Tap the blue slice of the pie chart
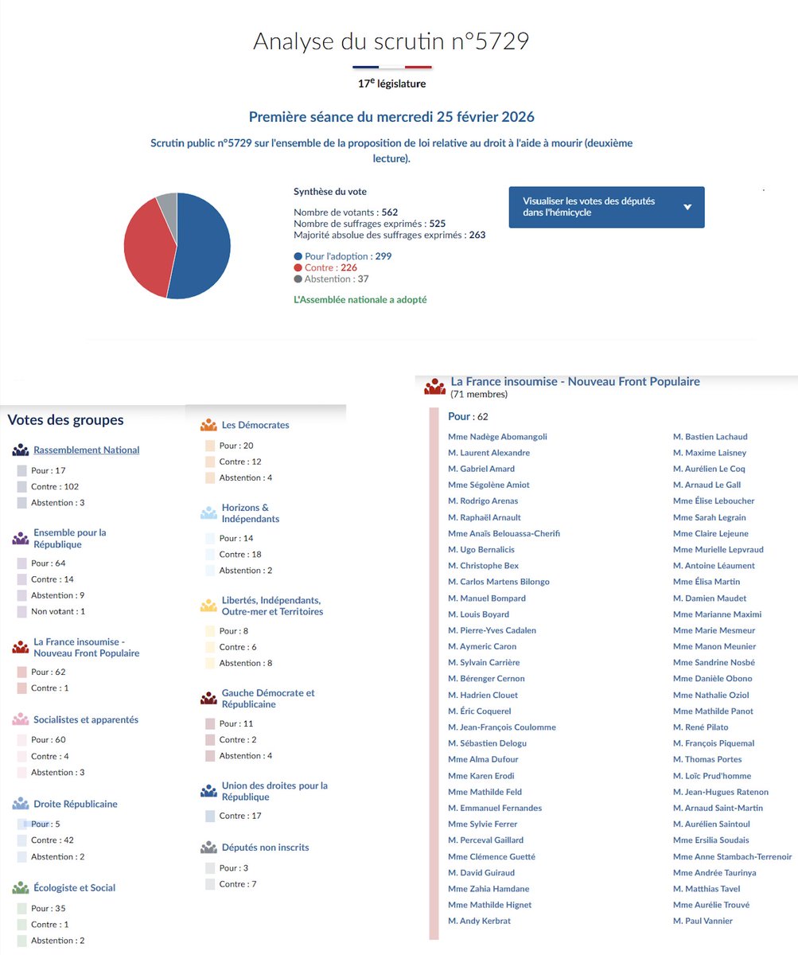click(x=203, y=247)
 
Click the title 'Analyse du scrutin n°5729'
click(x=391, y=41)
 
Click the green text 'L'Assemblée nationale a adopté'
click(x=360, y=300)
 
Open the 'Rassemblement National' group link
click(x=87, y=450)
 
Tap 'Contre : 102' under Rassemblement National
click(x=55, y=486)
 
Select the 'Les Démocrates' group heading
click(x=255, y=425)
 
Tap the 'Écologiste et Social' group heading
click(x=75, y=887)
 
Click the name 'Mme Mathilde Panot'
click(x=713, y=711)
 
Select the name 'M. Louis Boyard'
click(x=478, y=614)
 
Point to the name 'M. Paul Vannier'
click(x=703, y=921)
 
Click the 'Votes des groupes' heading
click(x=65, y=419)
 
